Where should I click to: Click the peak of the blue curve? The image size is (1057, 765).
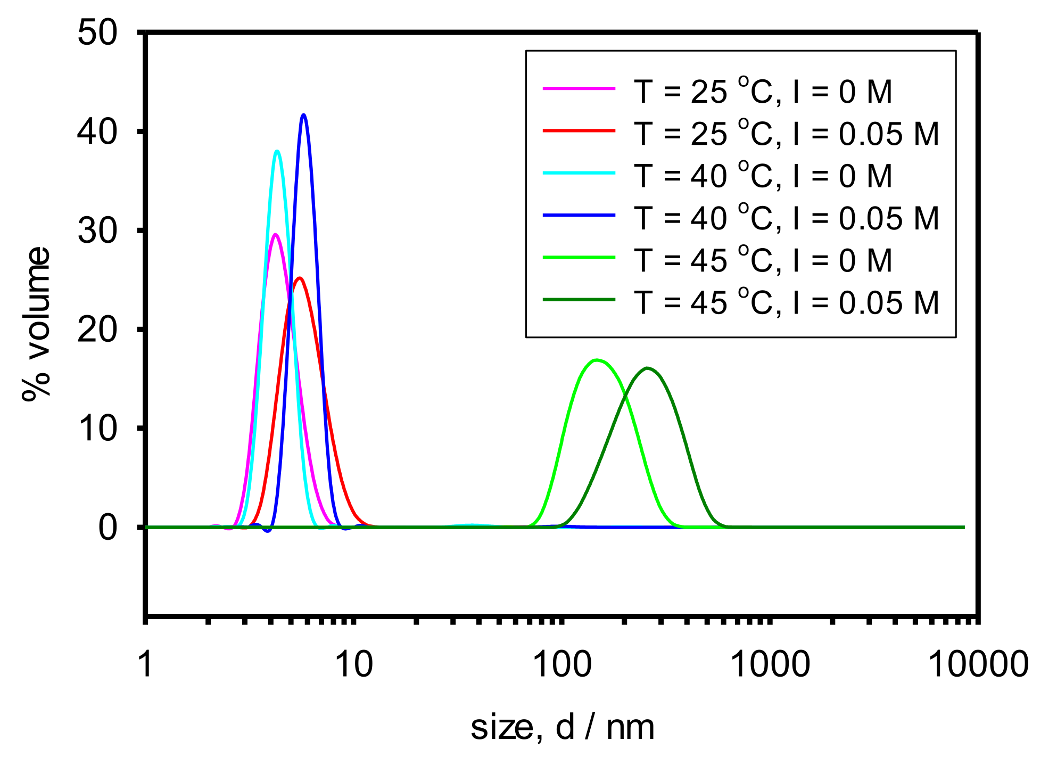pyautogui.click(x=303, y=115)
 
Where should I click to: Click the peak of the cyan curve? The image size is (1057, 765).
pyautogui.click(x=277, y=151)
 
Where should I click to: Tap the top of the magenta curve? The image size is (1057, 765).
pyautogui.click(x=275, y=234)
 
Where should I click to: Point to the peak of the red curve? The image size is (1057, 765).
pyautogui.click(x=299, y=278)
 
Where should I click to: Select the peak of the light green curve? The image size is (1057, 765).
pyautogui.click(x=597, y=360)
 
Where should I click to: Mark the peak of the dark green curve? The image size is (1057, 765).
pyautogui.click(x=647, y=368)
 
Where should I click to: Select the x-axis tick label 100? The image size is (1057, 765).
pyautogui.click(x=562, y=664)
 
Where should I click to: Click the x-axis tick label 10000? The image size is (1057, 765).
pyautogui.click(x=978, y=664)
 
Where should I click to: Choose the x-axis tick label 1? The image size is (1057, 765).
pyautogui.click(x=145, y=664)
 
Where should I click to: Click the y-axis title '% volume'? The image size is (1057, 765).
pyautogui.click(x=37, y=323)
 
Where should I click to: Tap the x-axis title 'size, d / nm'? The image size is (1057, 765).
pyautogui.click(x=562, y=727)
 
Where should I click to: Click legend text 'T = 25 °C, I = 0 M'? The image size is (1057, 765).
pyautogui.click(x=763, y=92)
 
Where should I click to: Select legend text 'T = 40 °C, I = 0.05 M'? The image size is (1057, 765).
pyautogui.click(x=786, y=218)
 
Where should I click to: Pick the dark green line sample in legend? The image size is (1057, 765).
pyautogui.click(x=579, y=300)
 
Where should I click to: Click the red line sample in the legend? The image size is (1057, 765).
pyautogui.click(x=579, y=130)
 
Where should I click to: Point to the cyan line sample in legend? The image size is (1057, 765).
pyautogui.click(x=579, y=173)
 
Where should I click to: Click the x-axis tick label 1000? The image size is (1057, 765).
pyautogui.click(x=770, y=664)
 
